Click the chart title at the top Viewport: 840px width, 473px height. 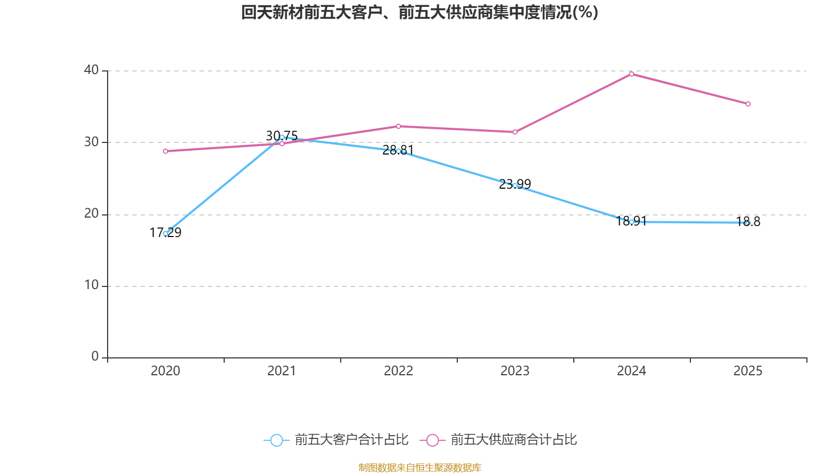[419, 12]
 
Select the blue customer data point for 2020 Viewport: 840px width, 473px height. [165, 233]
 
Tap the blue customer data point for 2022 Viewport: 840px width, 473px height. [398, 151]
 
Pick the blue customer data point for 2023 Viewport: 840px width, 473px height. [515, 186]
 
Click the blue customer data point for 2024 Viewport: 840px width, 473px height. [632, 222]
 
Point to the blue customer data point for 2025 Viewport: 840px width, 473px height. [748, 223]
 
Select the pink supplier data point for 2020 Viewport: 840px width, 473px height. [165, 151]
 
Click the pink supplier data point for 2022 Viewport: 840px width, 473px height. [398, 126]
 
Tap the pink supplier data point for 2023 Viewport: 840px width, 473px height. [515, 132]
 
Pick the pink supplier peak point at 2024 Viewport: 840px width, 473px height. [632, 74]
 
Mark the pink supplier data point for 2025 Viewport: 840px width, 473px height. [748, 104]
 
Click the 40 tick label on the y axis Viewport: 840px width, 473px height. [91, 70]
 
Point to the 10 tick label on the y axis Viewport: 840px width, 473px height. [91, 285]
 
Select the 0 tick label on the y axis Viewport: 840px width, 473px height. [95, 357]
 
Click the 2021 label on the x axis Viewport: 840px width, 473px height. [282, 371]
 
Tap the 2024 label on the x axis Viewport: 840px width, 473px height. [632, 371]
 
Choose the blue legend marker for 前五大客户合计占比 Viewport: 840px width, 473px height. [277, 440]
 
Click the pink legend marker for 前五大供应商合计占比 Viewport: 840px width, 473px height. [433, 440]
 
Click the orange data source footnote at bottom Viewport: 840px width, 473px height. [419, 467]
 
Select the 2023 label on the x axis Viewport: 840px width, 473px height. [515, 371]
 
